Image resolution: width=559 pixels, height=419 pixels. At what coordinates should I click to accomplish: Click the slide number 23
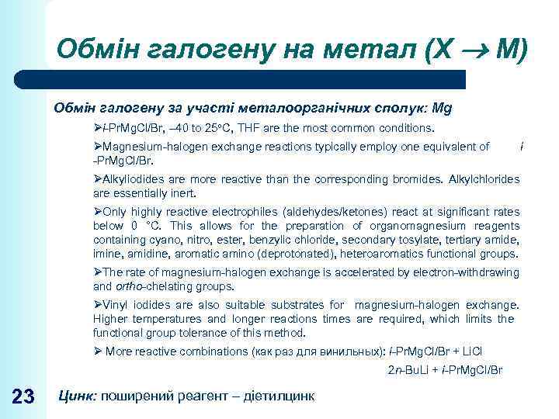point(24,396)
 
